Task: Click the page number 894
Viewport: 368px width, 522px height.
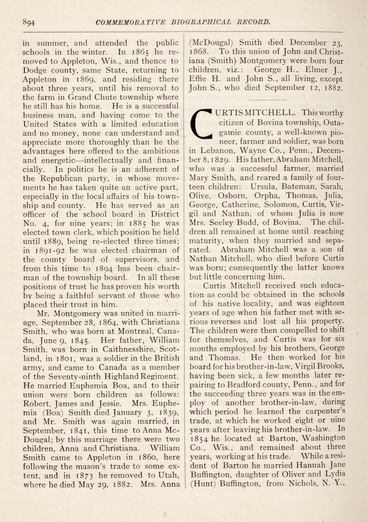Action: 29,22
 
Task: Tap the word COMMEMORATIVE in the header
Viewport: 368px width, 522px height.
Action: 131,22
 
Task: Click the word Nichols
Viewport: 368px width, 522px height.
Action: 303,483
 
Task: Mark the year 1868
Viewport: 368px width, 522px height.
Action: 198,52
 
